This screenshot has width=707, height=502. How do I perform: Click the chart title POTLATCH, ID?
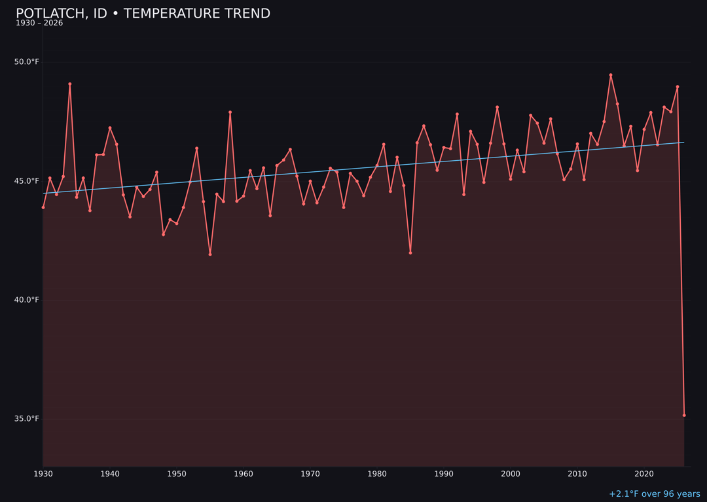point(143,14)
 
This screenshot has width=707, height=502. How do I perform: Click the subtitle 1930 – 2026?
point(39,24)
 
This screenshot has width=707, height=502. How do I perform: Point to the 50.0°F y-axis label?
point(27,62)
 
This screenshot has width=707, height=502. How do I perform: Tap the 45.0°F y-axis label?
point(27,181)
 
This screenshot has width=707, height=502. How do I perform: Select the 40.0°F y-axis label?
point(27,300)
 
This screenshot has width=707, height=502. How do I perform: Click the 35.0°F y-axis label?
point(27,419)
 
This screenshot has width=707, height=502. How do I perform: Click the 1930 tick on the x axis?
point(43,474)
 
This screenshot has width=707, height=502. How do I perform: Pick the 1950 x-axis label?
point(177,474)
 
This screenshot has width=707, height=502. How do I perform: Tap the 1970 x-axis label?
point(310,474)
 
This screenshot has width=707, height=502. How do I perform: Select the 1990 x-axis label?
point(444,474)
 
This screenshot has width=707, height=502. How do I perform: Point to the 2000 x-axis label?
point(511,474)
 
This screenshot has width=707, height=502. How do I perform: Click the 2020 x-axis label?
point(644,474)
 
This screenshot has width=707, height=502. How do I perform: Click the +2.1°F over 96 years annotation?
point(654,494)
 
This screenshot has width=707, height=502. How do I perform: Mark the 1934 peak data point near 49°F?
point(70,84)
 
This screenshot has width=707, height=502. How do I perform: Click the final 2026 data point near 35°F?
point(684,415)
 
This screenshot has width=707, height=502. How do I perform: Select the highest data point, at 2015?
point(611,75)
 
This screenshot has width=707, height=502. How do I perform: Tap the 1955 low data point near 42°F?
point(210,254)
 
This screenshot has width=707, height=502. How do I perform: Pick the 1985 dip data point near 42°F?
point(410,253)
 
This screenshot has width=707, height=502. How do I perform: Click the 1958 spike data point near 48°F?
point(230,112)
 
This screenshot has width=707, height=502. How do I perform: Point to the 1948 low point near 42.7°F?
point(163,234)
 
